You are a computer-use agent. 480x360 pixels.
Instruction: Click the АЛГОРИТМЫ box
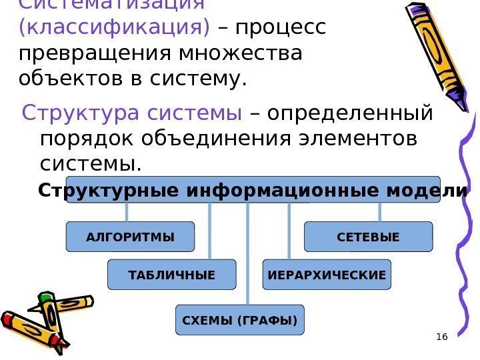click(x=130, y=237)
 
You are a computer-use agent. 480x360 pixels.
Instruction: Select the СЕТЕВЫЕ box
click(x=368, y=237)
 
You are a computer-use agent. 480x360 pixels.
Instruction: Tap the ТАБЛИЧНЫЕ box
click(x=172, y=275)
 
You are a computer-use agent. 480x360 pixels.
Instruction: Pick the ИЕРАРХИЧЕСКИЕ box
click(x=327, y=275)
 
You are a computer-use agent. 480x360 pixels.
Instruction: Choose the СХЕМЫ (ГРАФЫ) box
click(x=239, y=320)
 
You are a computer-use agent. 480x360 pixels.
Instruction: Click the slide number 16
click(x=441, y=337)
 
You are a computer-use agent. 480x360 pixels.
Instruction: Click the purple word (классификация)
click(x=115, y=27)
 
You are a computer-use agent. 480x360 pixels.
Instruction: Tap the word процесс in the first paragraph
click(x=279, y=27)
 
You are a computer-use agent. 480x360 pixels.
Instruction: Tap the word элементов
click(x=359, y=139)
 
